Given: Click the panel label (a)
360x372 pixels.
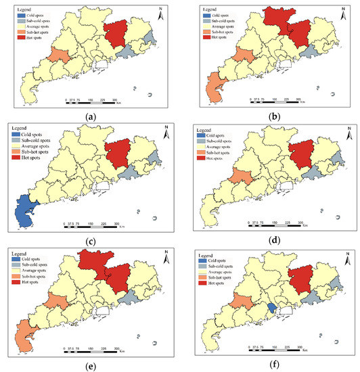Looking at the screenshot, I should click(x=91, y=116).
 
